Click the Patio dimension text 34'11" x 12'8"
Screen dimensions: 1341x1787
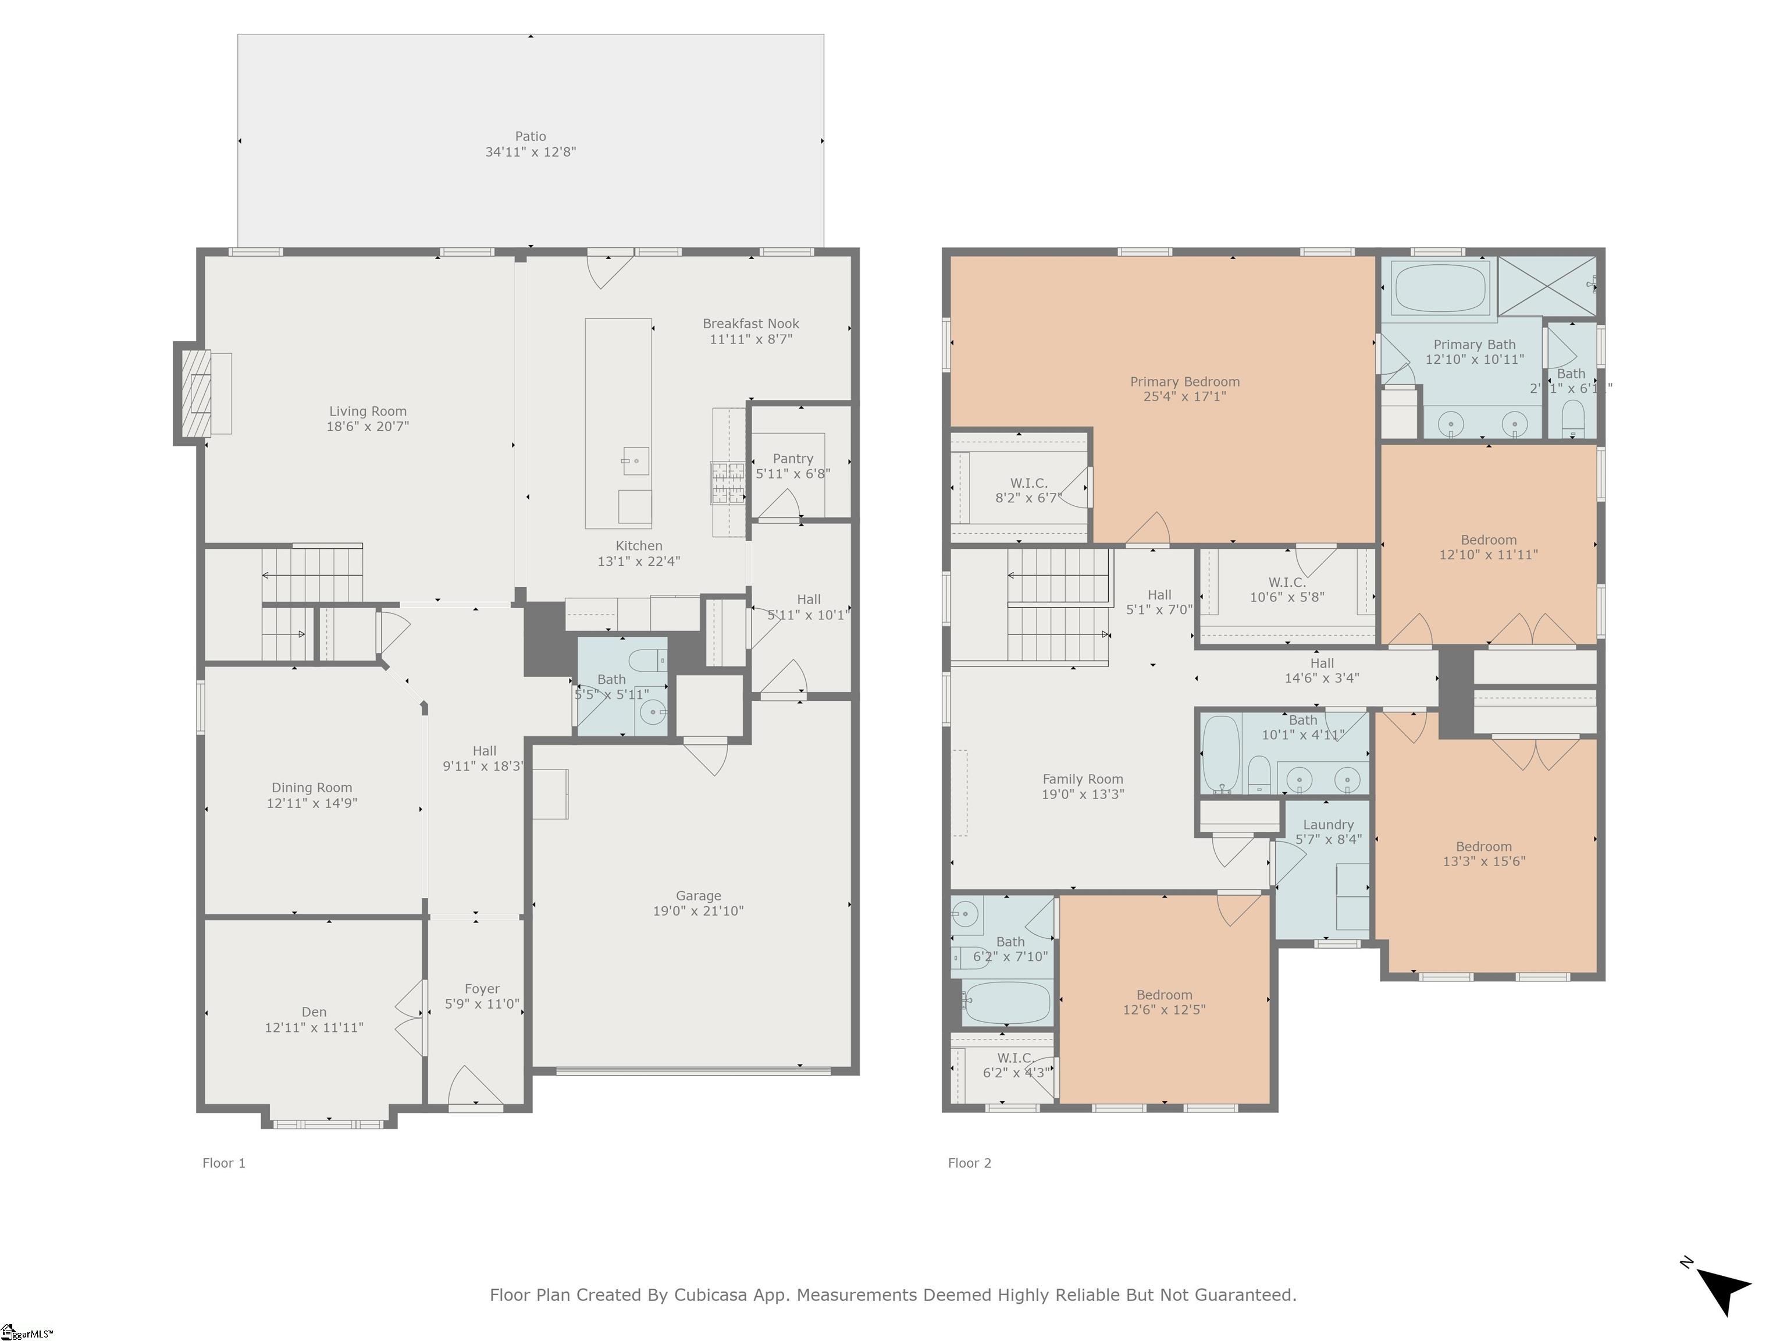tap(530, 152)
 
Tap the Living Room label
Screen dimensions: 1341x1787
tap(368, 411)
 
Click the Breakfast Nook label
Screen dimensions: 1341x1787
tap(750, 324)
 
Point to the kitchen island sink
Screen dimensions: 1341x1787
tap(635, 461)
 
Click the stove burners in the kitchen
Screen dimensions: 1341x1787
tap(727, 482)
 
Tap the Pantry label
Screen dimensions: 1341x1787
tap(792, 458)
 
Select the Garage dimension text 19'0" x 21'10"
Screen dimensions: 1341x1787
tap(698, 911)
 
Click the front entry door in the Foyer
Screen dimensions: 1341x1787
tap(476, 1087)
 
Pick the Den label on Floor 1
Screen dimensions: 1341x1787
tap(314, 1012)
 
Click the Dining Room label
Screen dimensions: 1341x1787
tap(312, 787)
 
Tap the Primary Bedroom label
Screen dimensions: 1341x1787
tap(1184, 382)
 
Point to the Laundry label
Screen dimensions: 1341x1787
tap(1328, 825)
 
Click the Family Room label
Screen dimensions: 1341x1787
tap(1083, 779)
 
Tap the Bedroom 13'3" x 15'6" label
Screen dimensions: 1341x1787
tap(1483, 846)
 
